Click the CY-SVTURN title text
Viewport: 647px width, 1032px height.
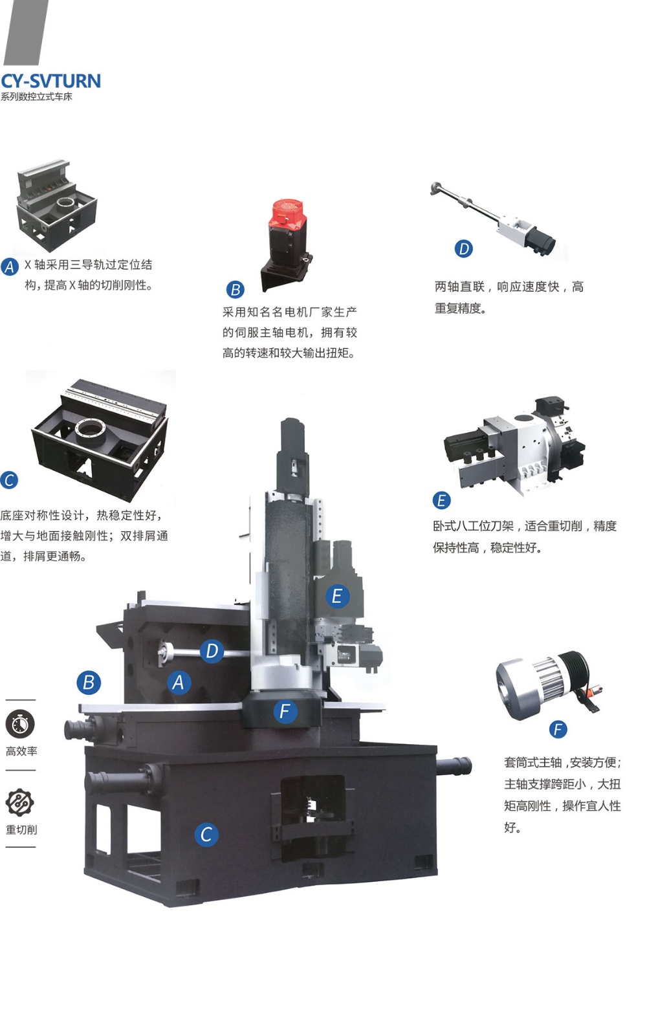pos(50,81)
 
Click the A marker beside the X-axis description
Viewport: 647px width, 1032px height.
pos(10,267)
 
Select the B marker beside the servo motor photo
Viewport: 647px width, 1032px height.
pos(236,289)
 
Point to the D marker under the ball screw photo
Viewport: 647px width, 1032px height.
pos(464,249)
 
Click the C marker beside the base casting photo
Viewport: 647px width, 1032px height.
pos(9,480)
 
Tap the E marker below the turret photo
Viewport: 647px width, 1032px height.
pos(441,500)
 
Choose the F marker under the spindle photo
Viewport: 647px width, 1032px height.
pos(558,729)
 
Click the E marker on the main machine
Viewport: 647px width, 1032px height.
pos(338,596)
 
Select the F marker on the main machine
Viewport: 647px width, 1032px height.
pos(285,711)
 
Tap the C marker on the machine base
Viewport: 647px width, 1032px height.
pos(206,835)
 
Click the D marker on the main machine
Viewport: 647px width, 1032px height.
pos(212,651)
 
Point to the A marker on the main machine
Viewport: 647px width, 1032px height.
pos(179,683)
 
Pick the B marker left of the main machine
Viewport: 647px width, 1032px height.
pos(89,683)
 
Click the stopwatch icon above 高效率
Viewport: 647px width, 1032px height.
pos(20,724)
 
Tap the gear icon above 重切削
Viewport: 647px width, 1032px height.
pos(20,802)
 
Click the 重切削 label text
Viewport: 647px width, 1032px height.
pos(21,829)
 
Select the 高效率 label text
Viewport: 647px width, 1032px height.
pos(21,751)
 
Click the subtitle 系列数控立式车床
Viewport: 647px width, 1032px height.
pos(36,97)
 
